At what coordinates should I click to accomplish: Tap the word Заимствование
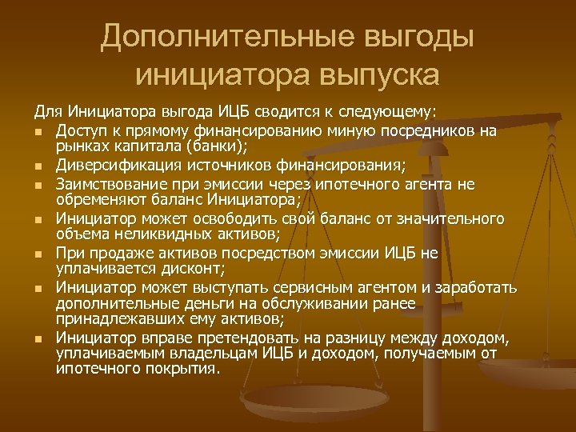tap(111, 185)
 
